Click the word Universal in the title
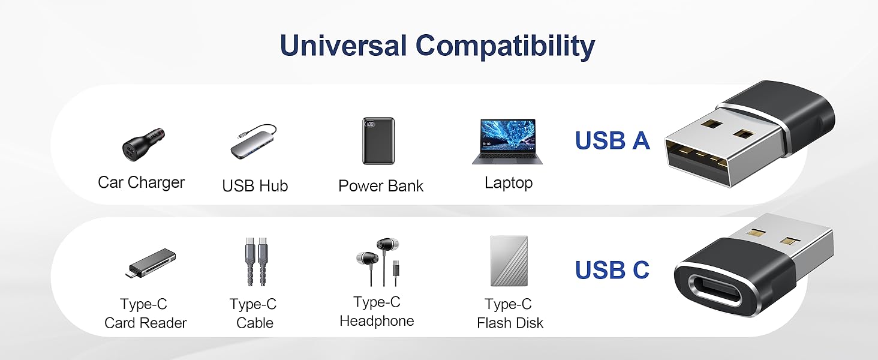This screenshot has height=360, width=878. (x=344, y=46)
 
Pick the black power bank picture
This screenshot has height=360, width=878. (x=378, y=141)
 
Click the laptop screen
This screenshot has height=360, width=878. (x=507, y=136)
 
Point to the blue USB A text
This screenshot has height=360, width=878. (x=612, y=141)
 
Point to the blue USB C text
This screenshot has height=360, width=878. (x=612, y=271)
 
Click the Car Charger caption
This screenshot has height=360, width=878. (x=142, y=182)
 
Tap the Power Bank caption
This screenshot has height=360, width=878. (x=381, y=186)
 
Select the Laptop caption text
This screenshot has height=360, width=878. (x=509, y=183)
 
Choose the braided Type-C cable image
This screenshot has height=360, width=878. (x=254, y=263)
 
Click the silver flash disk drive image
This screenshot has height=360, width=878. (x=509, y=261)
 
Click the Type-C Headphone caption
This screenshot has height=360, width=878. (x=377, y=311)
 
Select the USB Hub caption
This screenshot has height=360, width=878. (x=255, y=186)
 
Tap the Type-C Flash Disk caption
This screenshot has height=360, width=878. (x=510, y=314)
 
